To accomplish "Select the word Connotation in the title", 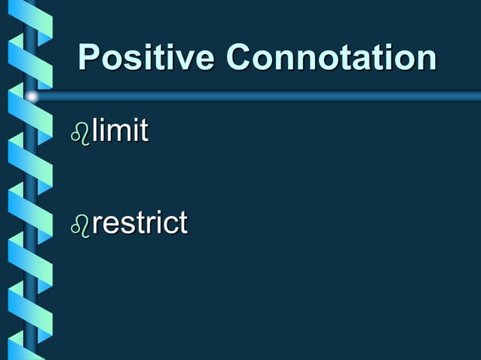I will [x=331, y=58].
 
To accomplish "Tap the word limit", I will [x=120, y=133].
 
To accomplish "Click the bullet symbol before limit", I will [x=80, y=135].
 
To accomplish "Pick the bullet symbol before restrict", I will [x=80, y=224].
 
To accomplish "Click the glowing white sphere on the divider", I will [x=32, y=96].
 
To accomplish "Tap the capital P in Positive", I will [x=90, y=58].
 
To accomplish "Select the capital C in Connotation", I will [x=239, y=58].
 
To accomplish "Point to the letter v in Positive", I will [x=182, y=59].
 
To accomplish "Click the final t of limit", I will [x=142, y=133].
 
